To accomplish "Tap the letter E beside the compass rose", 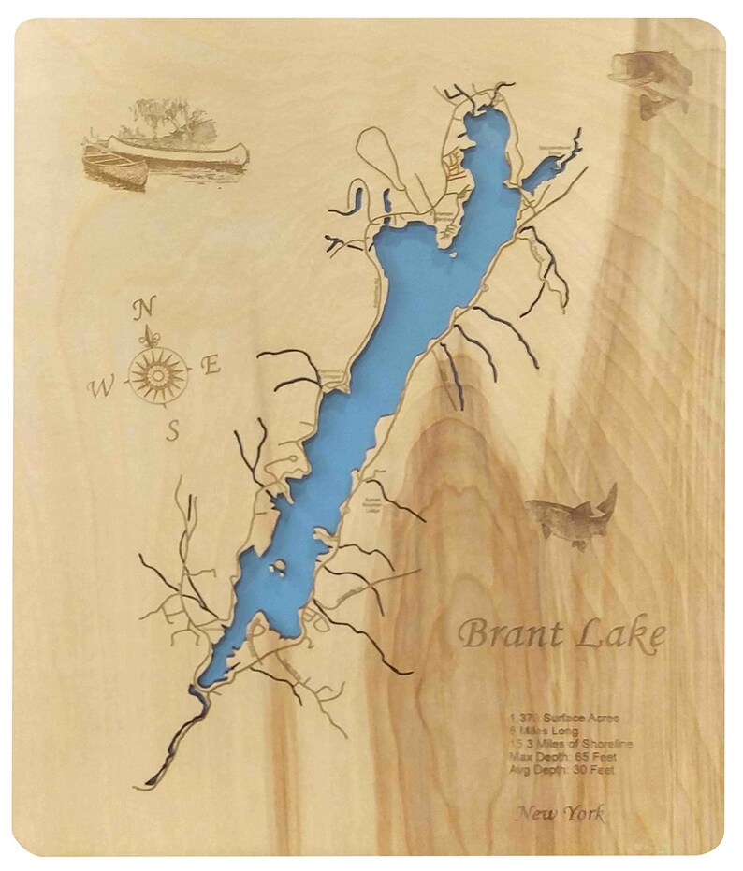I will tap(211, 366).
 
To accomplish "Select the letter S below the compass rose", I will tap(172, 430).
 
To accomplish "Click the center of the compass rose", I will tap(157, 374).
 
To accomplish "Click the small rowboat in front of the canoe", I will tap(116, 168).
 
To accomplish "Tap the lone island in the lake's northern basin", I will tap(452, 254).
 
